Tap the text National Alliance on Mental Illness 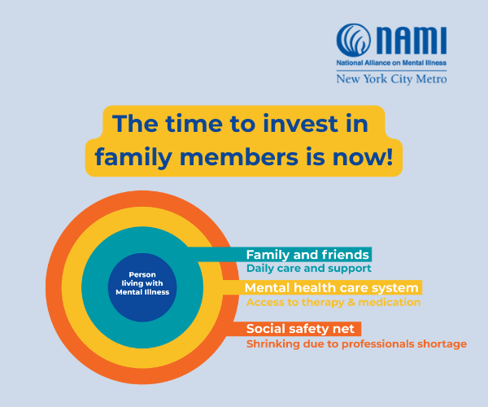[391, 62]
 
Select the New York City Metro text [391, 79]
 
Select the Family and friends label [308, 254]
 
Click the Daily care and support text [308, 268]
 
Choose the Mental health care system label [332, 288]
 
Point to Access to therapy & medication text [333, 302]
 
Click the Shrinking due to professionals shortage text [356, 344]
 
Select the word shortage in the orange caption [442, 344]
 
